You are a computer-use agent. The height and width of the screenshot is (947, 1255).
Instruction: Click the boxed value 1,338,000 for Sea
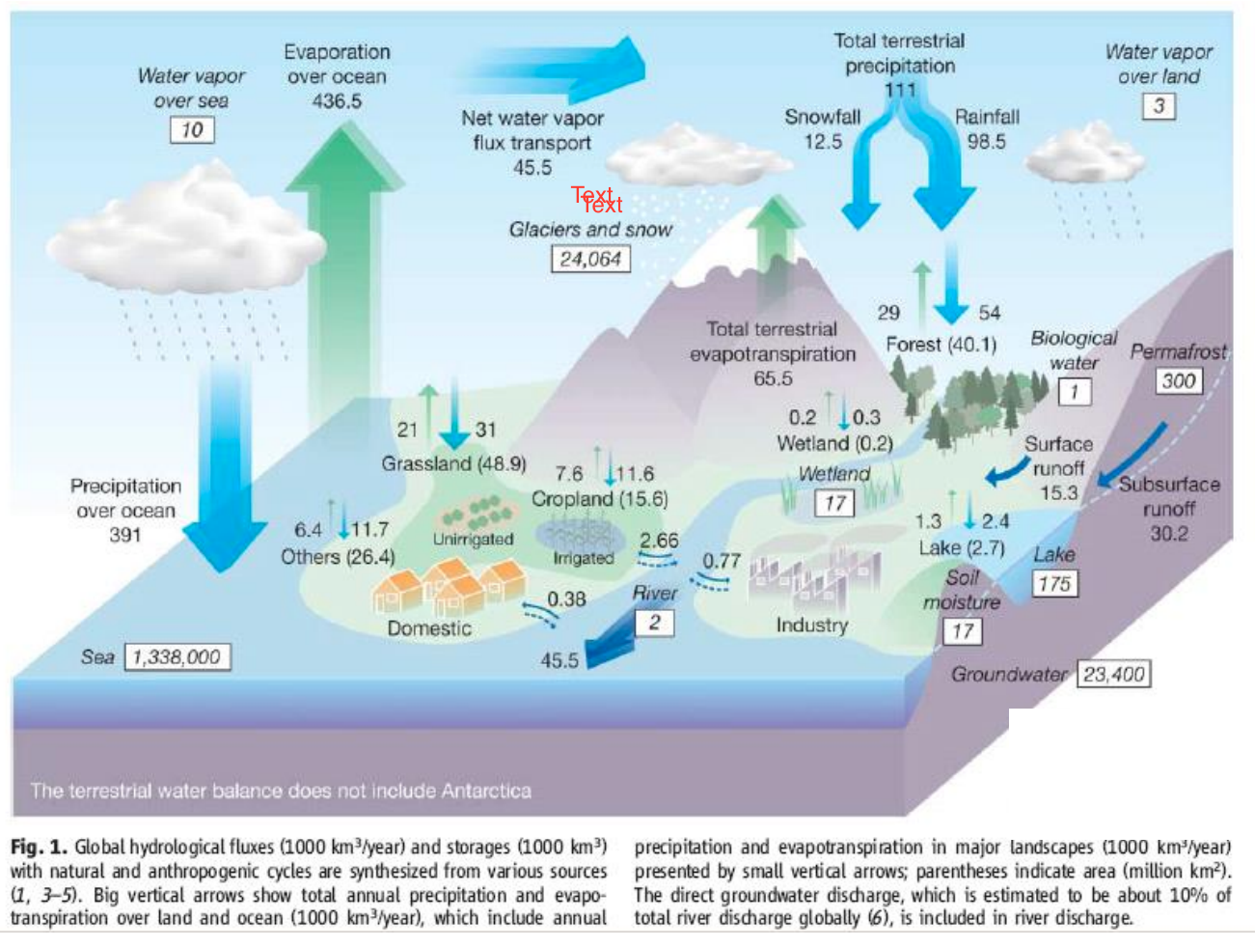point(177,657)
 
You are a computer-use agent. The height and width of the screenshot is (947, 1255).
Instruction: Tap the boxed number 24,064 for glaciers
point(590,259)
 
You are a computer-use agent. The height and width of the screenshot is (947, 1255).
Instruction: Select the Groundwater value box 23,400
point(1114,674)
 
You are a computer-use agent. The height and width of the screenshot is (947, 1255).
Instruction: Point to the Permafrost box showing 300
point(1178,380)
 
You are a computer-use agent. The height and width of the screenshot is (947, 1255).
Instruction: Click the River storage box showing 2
point(654,623)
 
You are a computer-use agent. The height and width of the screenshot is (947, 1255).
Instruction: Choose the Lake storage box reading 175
point(1053,584)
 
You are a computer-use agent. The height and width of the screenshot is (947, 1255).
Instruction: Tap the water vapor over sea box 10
point(191,129)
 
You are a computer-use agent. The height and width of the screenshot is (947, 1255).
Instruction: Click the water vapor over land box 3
point(1159,105)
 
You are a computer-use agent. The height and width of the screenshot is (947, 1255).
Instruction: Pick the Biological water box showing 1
point(1074,391)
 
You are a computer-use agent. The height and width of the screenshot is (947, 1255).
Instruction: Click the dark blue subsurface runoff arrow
point(1133,454)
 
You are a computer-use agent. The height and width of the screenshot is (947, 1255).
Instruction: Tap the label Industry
point(811,626)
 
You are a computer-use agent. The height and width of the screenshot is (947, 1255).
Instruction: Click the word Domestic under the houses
point(429,628)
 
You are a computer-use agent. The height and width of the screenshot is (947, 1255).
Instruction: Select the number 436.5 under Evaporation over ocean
point(337,101)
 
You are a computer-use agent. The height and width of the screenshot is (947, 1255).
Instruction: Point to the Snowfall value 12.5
point(822,142)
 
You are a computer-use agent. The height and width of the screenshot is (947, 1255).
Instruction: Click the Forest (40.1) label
point(941,345)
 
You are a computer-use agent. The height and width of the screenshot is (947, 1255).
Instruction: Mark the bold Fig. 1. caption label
point(39,847)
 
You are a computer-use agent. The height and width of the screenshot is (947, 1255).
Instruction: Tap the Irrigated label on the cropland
point(583,558)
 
